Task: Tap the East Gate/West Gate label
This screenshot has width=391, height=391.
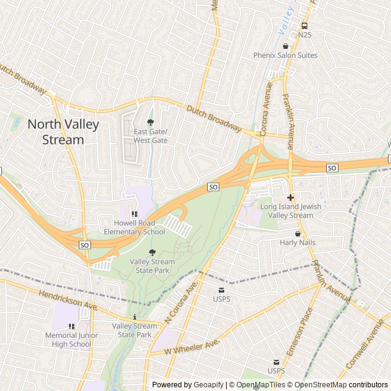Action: (150, 136)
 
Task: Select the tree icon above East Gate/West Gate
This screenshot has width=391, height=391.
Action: (151, 122)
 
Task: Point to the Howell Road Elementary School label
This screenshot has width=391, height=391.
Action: (134, 227)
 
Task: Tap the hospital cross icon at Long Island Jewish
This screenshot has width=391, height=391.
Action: (290, 197)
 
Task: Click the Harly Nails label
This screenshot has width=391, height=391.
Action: (298, 243)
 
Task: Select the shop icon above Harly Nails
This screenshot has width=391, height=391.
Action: (298, 233)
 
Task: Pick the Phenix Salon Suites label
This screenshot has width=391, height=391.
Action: (285, 56)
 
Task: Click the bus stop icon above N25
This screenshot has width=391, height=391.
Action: (304, 26)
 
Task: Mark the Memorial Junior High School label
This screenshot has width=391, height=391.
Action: (68, 340)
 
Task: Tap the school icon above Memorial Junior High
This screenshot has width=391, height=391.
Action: (72, 326)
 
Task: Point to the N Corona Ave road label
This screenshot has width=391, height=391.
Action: (181, 304)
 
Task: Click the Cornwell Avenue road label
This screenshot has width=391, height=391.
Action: (365, 348)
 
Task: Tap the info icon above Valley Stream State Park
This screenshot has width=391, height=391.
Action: (134, 317)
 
